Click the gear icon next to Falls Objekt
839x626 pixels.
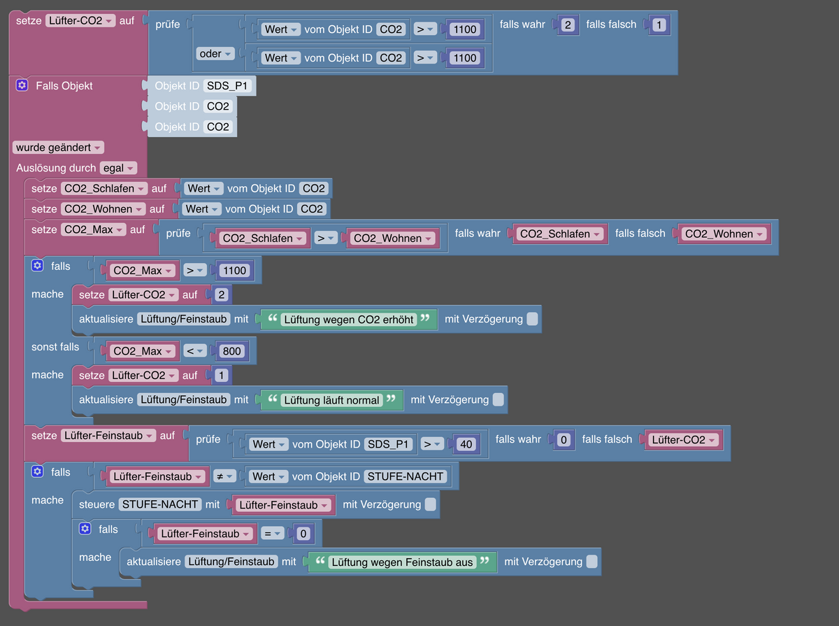point(22,85)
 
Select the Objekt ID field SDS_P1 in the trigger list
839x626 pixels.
point(227,85)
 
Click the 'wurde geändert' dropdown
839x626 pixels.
point(58,147)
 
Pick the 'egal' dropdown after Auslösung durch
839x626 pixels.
point(118,168)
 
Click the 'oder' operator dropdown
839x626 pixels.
point(215,54)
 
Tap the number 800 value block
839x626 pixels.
point(231,351)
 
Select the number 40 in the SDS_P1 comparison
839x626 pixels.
point(466,444)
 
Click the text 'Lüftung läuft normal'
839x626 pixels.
point(331,400)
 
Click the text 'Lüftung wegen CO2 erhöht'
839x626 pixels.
point(349,320)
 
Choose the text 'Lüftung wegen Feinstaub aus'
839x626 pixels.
point(402,562)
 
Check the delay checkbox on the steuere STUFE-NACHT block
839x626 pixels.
point(431,504)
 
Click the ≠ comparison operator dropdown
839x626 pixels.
point(224,476)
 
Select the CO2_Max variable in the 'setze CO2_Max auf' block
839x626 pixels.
point(93,229)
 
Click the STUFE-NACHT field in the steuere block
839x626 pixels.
point(160,504)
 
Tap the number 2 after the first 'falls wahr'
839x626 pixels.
point(568,25)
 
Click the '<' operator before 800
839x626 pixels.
point(195,351)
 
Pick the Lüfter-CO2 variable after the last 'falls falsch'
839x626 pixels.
point(683,440)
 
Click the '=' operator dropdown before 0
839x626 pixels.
point(273,534)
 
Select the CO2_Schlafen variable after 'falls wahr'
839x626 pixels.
point(560,234)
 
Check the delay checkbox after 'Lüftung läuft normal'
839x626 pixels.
point(499,399)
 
